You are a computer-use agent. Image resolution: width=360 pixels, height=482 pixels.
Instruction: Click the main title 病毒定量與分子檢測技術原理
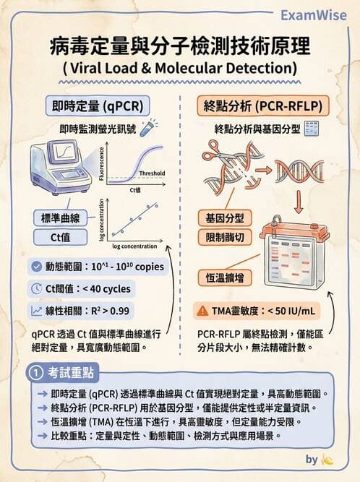coord(180,48)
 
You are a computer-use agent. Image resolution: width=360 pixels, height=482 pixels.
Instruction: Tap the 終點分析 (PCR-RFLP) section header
coord(260,106)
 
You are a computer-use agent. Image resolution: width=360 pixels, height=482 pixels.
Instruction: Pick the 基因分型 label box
coord(224,218)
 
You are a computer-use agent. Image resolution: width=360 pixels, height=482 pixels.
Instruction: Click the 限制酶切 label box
coord(224,238)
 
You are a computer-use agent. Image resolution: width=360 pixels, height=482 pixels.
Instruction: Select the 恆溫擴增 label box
coord(224,277)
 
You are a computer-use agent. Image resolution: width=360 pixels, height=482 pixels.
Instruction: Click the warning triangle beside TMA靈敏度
coord(202,311)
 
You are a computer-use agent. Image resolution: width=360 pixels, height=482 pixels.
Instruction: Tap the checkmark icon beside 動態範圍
coord(37,266)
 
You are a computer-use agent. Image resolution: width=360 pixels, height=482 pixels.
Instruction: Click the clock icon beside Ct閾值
coord(37,288)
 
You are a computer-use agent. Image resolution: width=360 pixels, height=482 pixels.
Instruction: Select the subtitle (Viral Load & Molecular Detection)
coord(180,69)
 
